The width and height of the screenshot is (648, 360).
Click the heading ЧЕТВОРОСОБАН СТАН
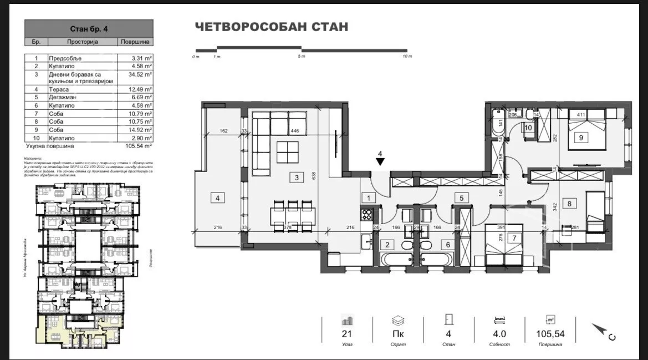271,27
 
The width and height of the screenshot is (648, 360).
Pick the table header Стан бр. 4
89,28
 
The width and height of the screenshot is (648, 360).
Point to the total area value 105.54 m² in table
136,145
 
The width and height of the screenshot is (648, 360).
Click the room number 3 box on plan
297,178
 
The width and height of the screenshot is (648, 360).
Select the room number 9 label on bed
581,139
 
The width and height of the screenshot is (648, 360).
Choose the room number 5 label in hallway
460,197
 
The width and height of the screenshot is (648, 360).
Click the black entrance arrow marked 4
380,161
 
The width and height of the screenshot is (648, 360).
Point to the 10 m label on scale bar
407,57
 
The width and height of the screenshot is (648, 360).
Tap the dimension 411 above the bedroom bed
581,115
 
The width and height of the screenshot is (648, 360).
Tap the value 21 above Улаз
347,334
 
